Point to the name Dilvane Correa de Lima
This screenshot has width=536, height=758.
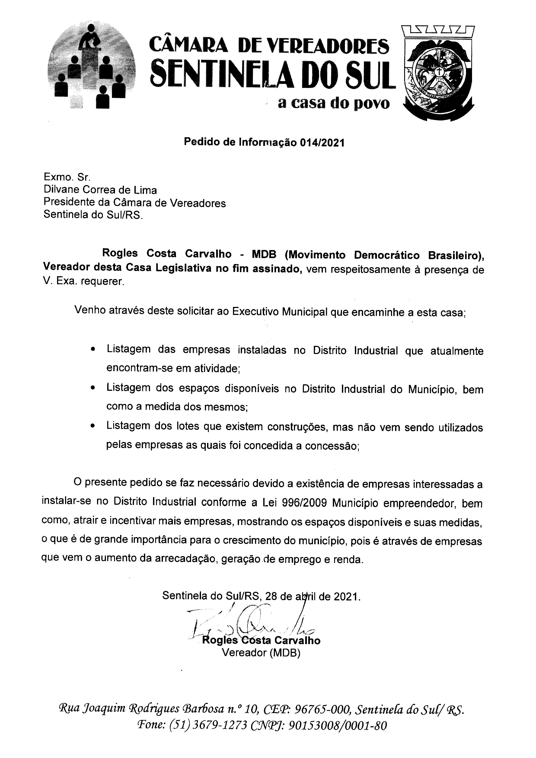100,190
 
